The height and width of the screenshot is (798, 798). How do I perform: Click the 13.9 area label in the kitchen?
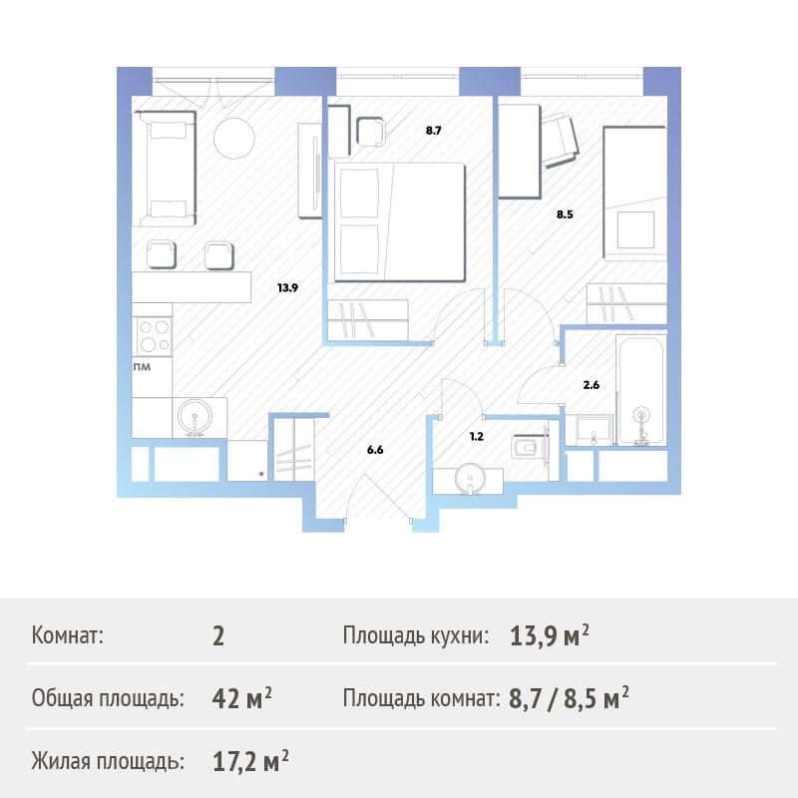point(287,288)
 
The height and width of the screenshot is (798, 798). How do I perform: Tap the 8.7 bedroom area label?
point(433,131)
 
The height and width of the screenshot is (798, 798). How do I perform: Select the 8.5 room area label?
point(565,214)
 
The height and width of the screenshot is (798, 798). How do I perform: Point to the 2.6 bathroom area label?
point(591,385)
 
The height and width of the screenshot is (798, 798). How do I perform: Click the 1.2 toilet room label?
point(477,437)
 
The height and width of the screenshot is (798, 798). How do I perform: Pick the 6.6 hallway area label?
point(375,450)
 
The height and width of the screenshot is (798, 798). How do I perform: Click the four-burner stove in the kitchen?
point(154,336)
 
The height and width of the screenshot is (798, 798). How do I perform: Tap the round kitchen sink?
point(195,418)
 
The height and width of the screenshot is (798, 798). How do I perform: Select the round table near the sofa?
point(234,139)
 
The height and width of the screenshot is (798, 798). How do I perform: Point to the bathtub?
point(640,390)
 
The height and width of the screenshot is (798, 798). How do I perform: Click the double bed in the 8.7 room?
point(400,221)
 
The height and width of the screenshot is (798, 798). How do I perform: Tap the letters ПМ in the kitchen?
point(142,367)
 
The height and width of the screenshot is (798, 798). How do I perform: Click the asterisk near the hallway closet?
point(261,475)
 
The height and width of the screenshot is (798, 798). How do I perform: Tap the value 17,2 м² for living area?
point(250,761)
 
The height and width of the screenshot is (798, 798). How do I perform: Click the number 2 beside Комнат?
point(218,636)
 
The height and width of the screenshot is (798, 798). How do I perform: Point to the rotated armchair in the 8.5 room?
point(560,140)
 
